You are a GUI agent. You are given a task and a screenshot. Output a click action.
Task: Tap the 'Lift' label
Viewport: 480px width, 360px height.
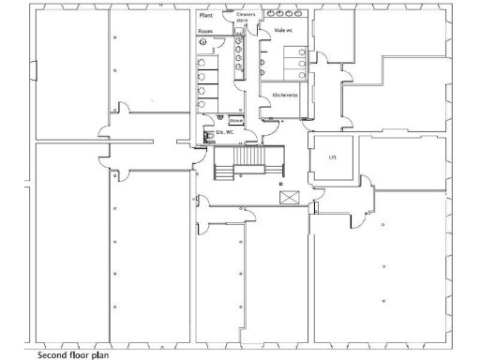[x=332, y=158]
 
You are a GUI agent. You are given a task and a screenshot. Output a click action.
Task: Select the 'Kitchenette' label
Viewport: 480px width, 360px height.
[x=285, y=96]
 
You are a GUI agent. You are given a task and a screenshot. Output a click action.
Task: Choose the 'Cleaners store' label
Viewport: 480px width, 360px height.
[x=246, y=18]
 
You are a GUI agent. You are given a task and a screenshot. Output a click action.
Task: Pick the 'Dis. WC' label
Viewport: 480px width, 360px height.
[x=224, y=133]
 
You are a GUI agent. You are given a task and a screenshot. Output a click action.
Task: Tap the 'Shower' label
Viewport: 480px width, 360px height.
[x=236, y=121]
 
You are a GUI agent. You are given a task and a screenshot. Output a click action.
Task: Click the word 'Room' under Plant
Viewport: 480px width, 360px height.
[x=205, y=32]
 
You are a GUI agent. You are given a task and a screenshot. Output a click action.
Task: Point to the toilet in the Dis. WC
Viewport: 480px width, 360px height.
[x=207, y=137]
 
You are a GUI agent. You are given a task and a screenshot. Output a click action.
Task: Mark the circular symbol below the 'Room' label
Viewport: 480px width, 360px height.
[x=203, y=43]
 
